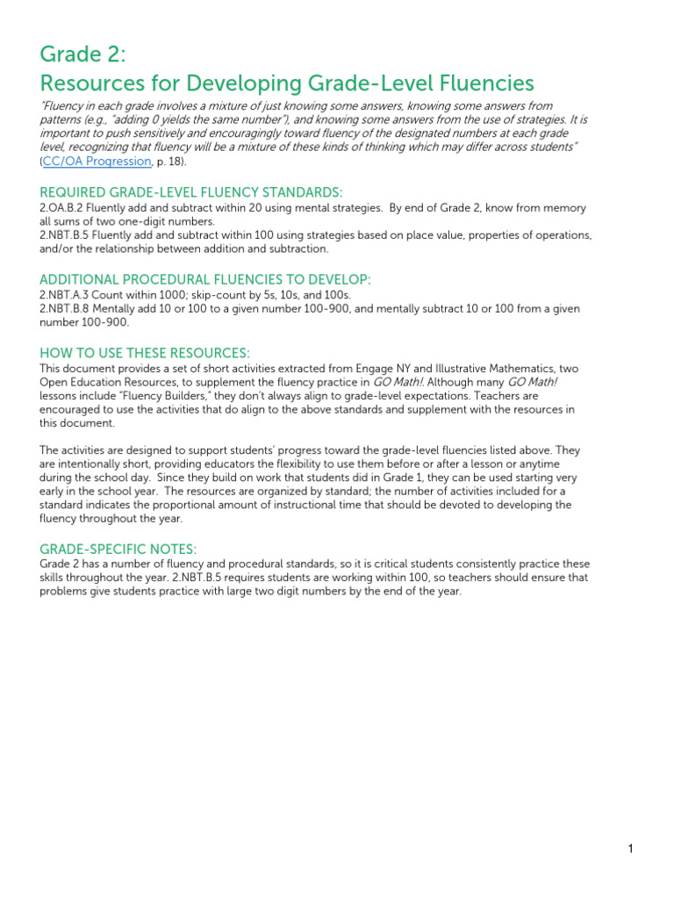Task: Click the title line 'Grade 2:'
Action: [x=83, y=54]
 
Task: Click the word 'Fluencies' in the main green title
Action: [x=482, y=83]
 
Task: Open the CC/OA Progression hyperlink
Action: [x=97, y=162]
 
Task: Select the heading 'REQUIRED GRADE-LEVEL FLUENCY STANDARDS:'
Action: [x=191, y=192]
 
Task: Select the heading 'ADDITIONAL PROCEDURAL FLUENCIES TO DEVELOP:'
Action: [x=205, y=279]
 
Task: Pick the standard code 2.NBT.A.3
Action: [x=69, y=295]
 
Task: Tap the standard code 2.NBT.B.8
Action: [x=69, y=309]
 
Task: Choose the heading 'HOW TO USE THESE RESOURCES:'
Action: [x=145, y=352]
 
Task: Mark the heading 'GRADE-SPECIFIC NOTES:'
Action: [x=118, y=549]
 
